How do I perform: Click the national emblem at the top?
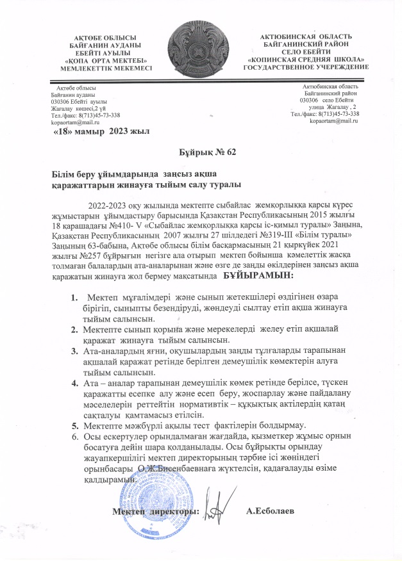200,44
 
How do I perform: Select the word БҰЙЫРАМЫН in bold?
258,276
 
